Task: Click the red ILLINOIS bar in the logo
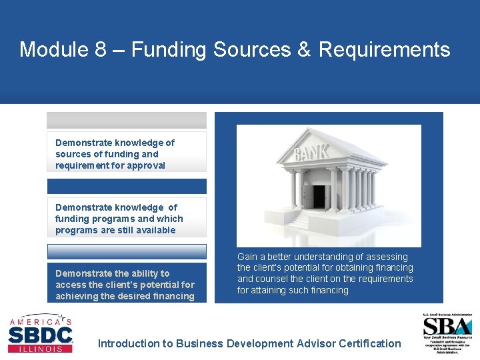[x=39, y=348]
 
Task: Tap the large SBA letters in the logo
[x=447, y=327]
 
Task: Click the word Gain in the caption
[x=247, y=257]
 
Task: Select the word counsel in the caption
[x=272, y=279]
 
